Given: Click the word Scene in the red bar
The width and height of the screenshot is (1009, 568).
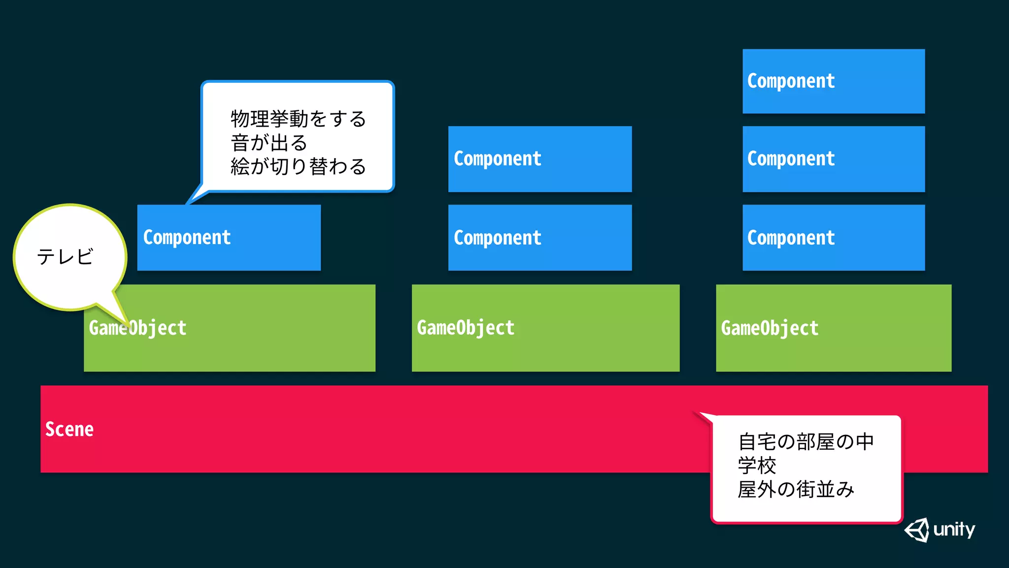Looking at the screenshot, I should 69,429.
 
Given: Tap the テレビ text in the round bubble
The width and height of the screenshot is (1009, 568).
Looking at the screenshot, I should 65,257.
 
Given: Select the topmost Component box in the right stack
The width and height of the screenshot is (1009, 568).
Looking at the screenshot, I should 833,81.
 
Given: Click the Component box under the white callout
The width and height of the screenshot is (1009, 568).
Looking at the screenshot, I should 229,238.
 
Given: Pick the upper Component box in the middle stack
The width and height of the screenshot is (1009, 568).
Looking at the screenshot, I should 539,159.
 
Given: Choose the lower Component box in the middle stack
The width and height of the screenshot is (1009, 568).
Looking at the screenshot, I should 539,238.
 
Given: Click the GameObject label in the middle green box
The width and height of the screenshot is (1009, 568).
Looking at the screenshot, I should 466,328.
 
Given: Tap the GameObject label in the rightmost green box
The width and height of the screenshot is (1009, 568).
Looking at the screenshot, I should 770,328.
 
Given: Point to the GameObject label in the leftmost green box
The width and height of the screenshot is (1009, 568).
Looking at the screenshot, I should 138,328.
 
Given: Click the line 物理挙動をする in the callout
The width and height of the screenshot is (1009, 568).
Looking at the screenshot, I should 298,119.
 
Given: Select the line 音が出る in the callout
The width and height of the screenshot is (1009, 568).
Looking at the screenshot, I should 269,143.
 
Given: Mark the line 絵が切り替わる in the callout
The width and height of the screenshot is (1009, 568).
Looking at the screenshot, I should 298,167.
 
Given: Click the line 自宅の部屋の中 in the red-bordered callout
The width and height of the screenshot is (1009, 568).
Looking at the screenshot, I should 806,442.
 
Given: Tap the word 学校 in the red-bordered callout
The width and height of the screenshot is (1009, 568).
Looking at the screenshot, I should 757,465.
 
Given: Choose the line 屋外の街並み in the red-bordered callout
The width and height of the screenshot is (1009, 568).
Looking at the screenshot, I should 796,490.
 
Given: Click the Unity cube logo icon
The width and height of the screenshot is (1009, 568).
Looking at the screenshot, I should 917,530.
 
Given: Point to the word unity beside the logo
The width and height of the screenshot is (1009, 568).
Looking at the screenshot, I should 954,530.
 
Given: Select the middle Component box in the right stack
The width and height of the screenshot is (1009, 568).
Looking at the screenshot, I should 833,159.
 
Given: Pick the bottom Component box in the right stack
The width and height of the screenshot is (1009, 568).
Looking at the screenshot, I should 833,238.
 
